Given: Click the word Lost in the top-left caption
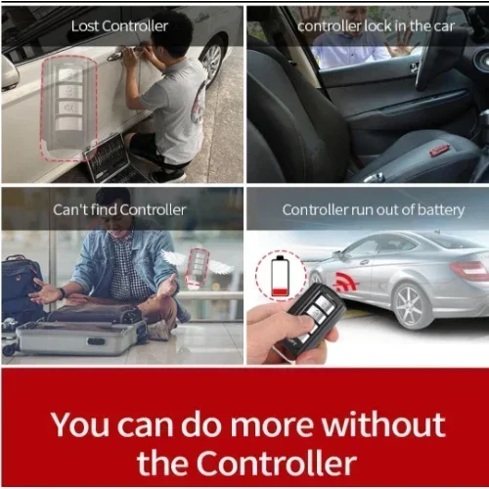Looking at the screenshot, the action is (84, 26).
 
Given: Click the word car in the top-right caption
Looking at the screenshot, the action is (444, 26).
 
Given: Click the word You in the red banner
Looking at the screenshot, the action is (80, 424).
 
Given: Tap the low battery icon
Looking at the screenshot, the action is (280, 276).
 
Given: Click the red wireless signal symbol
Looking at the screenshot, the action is (346, 282).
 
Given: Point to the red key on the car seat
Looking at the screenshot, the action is (440, 150).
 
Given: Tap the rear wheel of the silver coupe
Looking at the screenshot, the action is (410, 306).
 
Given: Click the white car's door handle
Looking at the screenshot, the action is (118, 55).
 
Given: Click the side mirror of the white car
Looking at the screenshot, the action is (9, 72).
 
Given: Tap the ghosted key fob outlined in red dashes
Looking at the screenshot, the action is (69, 109).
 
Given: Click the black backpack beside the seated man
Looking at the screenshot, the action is (22, 287).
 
